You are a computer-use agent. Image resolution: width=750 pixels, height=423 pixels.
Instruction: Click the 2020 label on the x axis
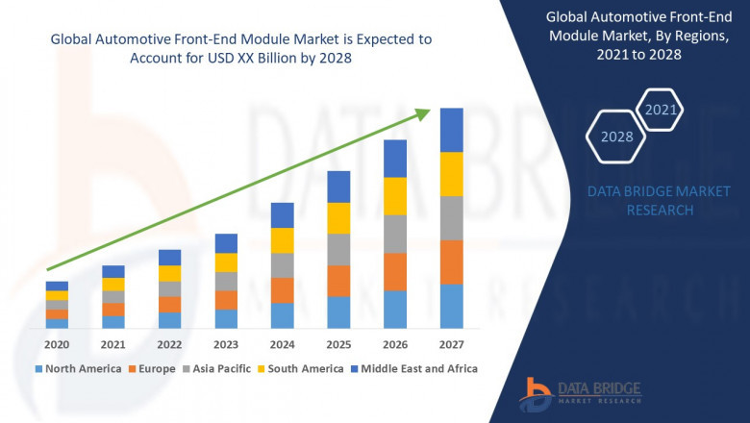tap(57, 344)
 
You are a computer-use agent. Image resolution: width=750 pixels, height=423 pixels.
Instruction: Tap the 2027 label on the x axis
tap(451, 344)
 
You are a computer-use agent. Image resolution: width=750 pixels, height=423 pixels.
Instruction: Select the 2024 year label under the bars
tap(282, 344)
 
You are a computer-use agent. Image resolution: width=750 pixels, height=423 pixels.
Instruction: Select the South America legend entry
tap(302, 368)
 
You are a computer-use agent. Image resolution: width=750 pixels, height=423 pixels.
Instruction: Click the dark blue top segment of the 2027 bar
tap(451, 130)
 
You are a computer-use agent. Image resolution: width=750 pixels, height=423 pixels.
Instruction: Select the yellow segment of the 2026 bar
tap(395, 196)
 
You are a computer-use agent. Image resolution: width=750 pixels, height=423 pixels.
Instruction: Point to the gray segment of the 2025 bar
tap(338, 249)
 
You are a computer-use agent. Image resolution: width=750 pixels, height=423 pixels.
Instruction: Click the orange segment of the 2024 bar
tap(282, 290)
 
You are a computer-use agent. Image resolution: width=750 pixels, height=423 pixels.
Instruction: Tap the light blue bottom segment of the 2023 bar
tap(226, 318)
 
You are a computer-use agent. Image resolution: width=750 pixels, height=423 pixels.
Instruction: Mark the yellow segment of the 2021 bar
tap(113, 284)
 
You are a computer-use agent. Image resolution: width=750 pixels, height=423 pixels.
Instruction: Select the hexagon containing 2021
tap(661, 110)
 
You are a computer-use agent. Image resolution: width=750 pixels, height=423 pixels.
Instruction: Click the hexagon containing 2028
tap(616, 137)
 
